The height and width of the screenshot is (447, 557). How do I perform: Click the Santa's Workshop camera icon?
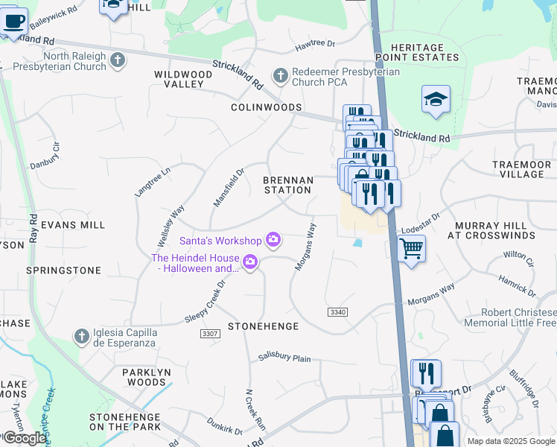click(273, 239)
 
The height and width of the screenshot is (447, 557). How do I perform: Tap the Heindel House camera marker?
click(250, 261)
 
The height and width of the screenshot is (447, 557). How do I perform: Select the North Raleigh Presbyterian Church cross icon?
click(117, 60)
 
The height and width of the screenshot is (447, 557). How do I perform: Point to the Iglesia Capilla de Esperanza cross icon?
click(81, 337)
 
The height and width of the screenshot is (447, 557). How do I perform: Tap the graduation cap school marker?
click(436, 99)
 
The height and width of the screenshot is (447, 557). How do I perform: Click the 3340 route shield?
click(337, 311)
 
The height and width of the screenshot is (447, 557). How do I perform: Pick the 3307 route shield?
click(210, 334)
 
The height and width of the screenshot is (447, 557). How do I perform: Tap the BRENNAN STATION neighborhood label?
click(287, 185)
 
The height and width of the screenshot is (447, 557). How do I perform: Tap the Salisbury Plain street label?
click(284, 358)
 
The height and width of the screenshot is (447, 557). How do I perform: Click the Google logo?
click(24, 438)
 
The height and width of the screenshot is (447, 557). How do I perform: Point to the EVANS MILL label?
click(73, 224)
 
